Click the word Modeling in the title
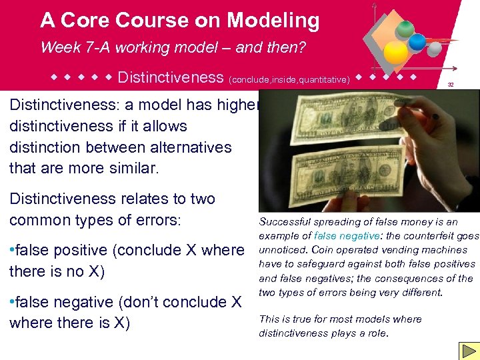tap(273, 21)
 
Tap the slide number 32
tap(451, 85)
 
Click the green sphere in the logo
tap(405, 29)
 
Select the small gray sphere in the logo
tap(433, 49)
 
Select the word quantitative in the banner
tap(324, 80)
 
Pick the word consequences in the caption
tap(411, 278)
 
